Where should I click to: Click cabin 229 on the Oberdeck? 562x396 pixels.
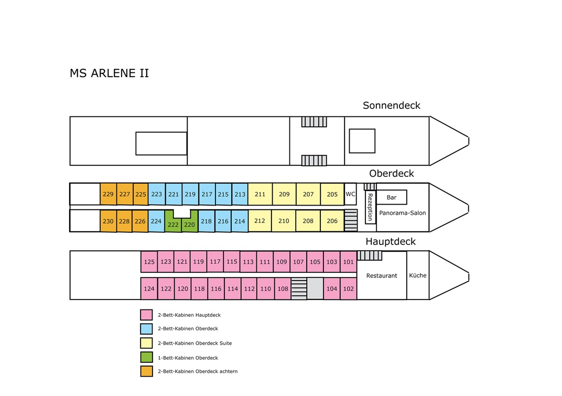(x=108, y=194)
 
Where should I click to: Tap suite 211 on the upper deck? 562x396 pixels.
(x=260, y=194)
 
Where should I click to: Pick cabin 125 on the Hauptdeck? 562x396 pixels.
(x=149, y=262)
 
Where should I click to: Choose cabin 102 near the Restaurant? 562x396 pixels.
(x=349, y=289)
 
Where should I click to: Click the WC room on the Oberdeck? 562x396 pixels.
(x=350, y=194)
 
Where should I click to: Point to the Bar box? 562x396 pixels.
(x=392, y=197)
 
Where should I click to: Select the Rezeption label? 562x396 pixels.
(x=370, y=207)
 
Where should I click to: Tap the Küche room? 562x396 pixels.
(x=418, y=275)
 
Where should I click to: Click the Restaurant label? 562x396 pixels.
(x=382, y=275)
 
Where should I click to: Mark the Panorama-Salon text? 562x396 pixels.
(x=403, y=213)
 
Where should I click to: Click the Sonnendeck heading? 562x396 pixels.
(x=392, y=105)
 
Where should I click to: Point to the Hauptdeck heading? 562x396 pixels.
(x=391, y=241)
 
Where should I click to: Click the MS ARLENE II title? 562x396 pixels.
(x=110, y=73)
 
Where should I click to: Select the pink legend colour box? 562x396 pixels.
(x=146, y=315)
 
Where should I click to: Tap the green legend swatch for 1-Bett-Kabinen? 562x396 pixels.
(x=146, y=357)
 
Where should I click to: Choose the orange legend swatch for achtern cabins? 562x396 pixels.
(x=146, y=371)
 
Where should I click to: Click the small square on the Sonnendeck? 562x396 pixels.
(x=362, y=141)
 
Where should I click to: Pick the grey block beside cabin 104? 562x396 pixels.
(x=315, y=288)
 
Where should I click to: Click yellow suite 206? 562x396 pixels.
(x=332, y=221)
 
